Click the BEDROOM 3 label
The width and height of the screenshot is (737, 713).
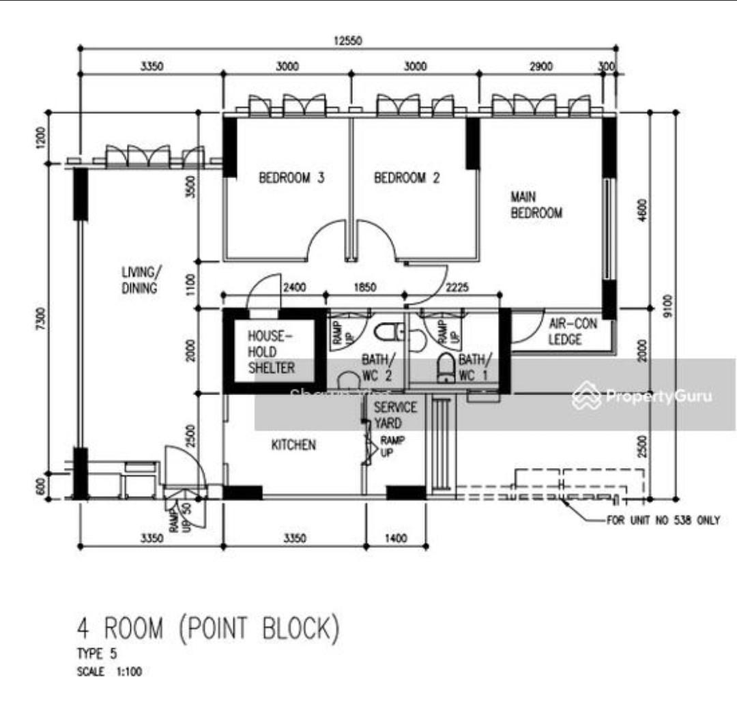(x=291, y=178)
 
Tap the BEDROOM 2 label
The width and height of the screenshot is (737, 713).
(x=407, y=178)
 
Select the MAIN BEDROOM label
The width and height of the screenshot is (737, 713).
(x=536, y=205)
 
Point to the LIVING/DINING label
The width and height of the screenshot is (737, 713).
(x=139, y=280)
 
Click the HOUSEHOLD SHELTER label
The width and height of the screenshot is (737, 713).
(x=271, y=352)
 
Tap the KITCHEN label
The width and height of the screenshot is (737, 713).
(x=293, y=445)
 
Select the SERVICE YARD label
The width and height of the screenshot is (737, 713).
(x=394, y=415)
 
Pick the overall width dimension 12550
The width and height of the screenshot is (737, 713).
(x=347, y=41)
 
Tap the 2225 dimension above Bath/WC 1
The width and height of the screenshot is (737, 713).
(x=457, y=288)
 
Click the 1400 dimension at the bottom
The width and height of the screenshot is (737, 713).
(x=395, y=538)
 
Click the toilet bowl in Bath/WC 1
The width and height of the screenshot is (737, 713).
(x=446, y=368)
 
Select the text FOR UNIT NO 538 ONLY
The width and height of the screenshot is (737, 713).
(x=663, y=521)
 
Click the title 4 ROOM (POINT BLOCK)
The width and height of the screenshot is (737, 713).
(x=207, y=629)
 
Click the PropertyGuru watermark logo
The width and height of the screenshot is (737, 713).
(x=643, y=396)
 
